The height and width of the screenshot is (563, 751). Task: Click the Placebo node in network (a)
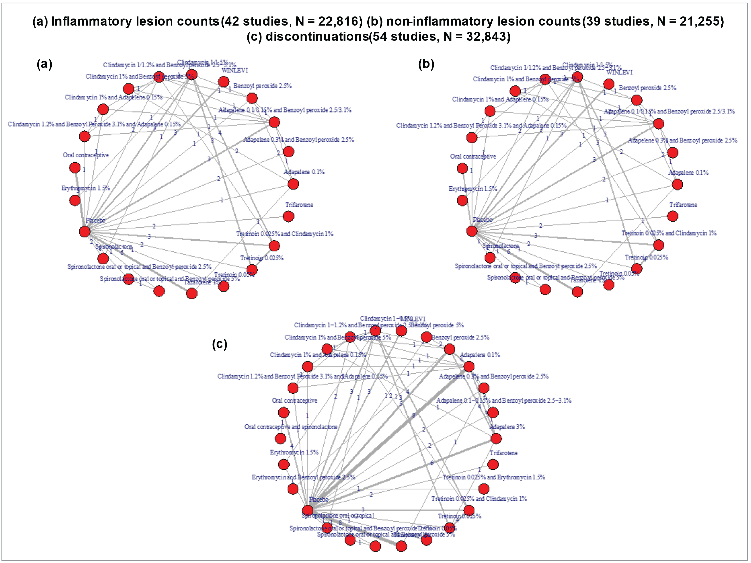(85, 232)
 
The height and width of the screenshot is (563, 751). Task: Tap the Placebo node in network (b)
(472, 231)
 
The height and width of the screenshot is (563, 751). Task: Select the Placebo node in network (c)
(307, 510)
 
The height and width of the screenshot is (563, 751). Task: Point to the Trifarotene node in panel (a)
(288, 216)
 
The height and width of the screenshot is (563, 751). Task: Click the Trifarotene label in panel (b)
(683, 205)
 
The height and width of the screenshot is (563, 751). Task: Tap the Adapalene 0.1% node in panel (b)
(677, 184)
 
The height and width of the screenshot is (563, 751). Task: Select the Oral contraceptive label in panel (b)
(473, 157)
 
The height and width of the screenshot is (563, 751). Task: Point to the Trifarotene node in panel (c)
(493, 464)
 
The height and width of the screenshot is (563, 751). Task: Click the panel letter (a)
(44, 64)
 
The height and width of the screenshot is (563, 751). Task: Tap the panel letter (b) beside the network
(426, 64)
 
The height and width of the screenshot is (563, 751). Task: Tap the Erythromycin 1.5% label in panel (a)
(86, 188)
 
